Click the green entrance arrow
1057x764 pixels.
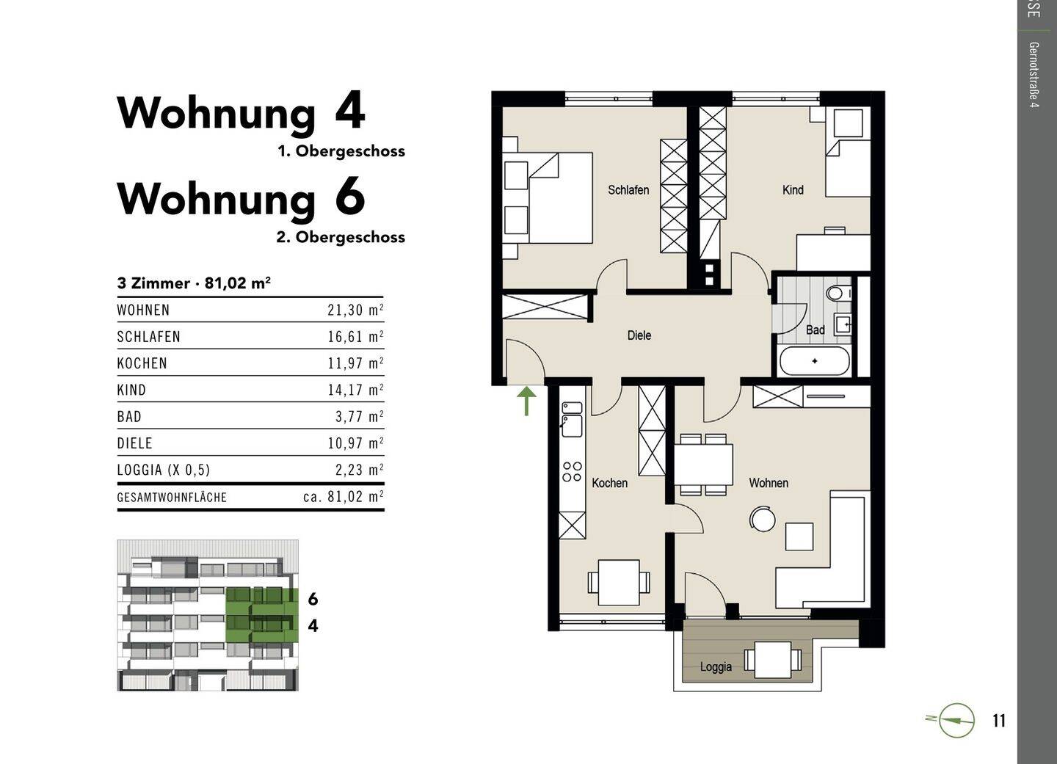(x=526, y=401)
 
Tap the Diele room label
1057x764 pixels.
(x=639, y=335)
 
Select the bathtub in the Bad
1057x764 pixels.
(x=814, y=361)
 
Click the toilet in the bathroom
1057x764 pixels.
(x=835, y=294)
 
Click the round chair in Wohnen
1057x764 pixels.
(x=763, y=520)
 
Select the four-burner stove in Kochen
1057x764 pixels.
(x=572, y=472)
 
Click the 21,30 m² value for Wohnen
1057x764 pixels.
(x=355, y=310)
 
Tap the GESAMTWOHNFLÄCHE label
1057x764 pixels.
(x=172, y=497)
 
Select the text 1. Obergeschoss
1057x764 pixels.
(x=341, y=151)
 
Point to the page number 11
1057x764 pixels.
(x=998, y=721)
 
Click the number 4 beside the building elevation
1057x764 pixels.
(x=313, y=626)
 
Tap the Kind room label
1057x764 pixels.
(x=793, y=190)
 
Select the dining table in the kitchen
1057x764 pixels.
(x=619, y=583)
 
